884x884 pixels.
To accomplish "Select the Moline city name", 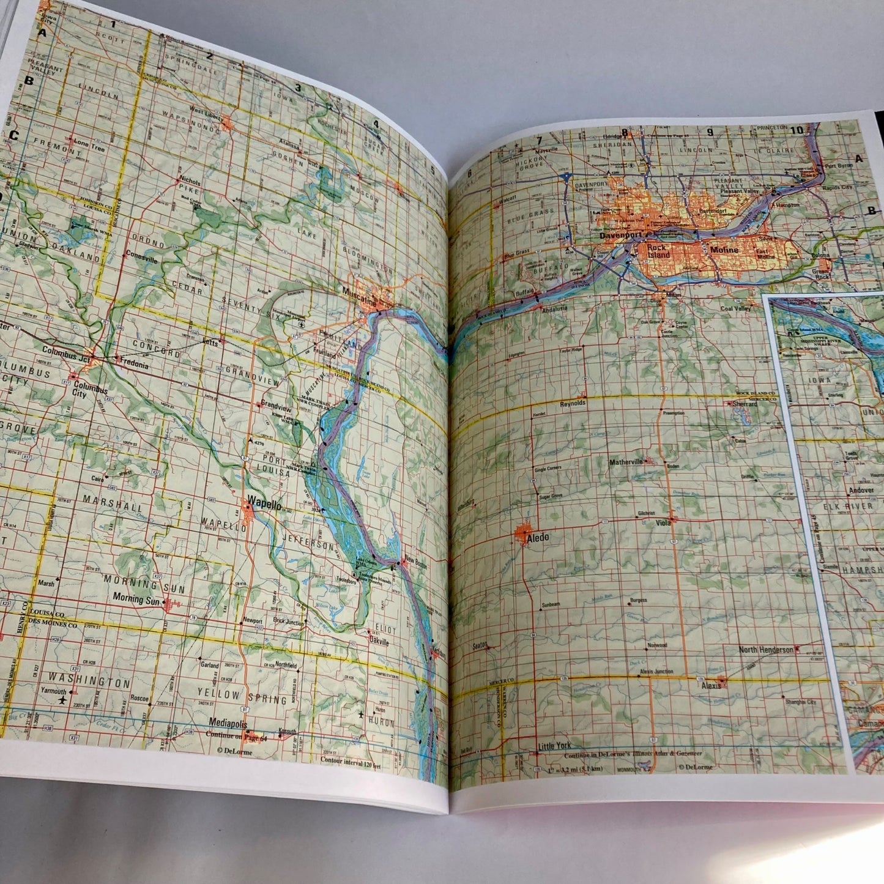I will coord(724,250).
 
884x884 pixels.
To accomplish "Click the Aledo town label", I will coord(538,538).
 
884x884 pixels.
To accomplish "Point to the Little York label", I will coord(554,746).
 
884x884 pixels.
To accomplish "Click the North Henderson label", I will coord(765,650).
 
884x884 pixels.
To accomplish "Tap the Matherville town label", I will coord(626,462).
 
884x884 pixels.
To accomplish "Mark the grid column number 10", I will coord(796,130).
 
